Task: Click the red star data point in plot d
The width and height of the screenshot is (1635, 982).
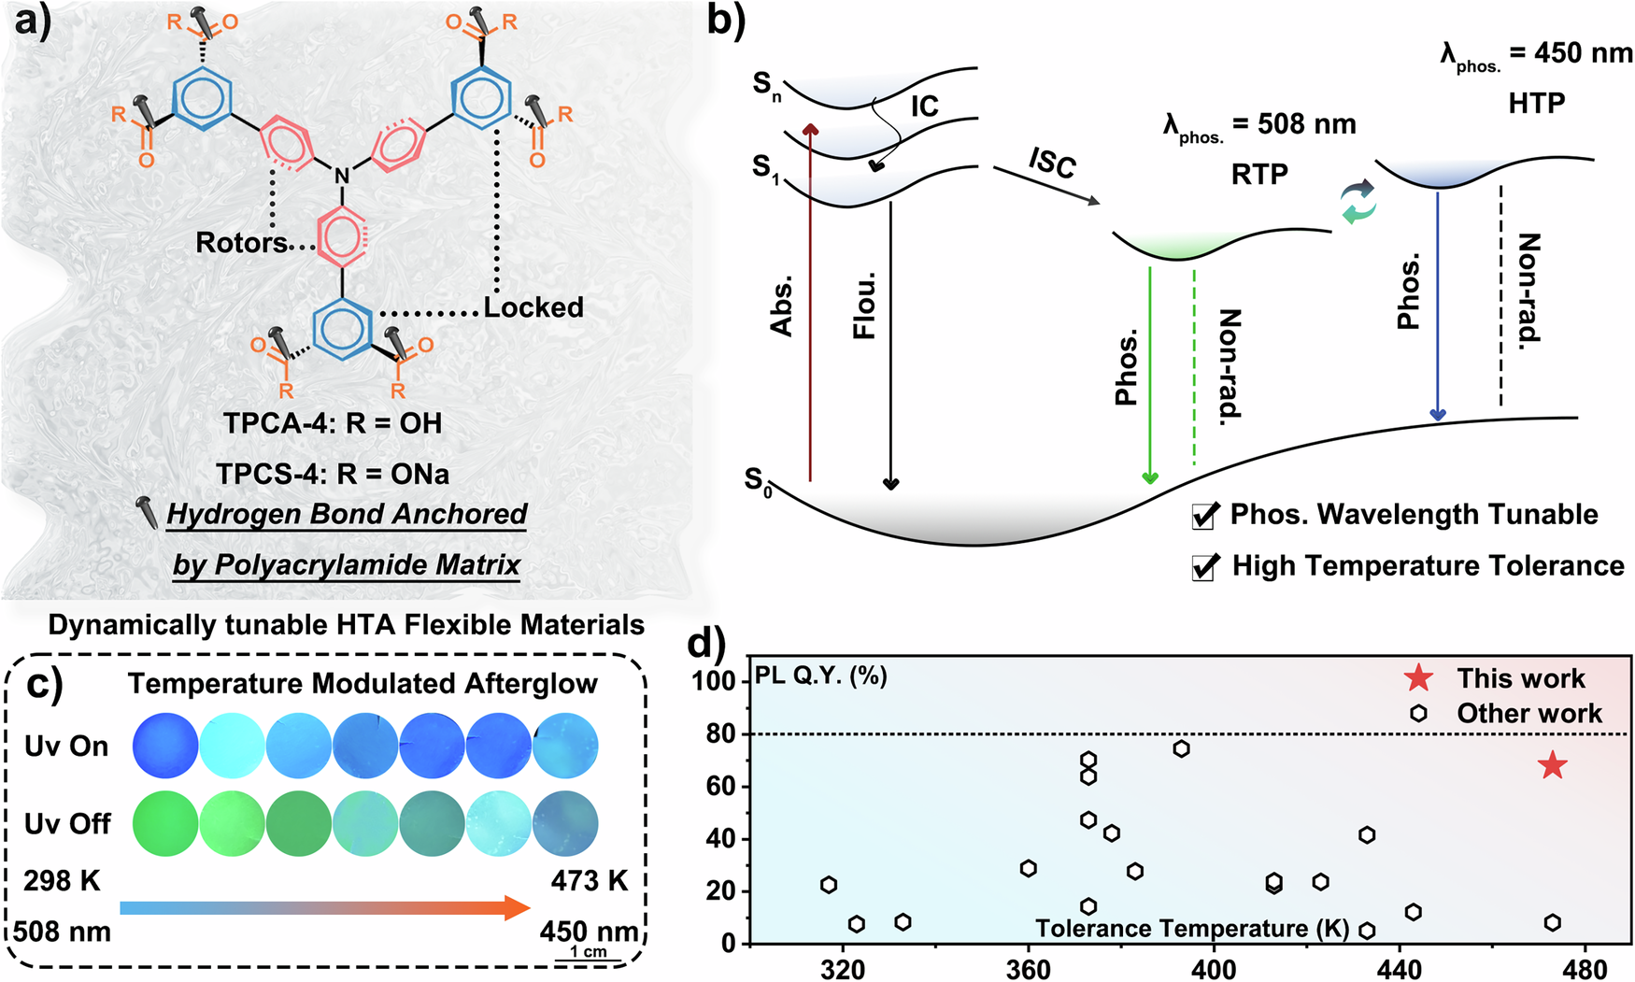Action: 1552,765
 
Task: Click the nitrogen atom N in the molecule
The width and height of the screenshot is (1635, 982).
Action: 342,176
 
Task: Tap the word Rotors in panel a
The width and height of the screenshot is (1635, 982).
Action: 241,243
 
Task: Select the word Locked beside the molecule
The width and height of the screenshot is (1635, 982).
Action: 533,307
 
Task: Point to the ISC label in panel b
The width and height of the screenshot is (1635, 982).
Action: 1053,163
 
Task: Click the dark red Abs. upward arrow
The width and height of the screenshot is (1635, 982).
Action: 810,299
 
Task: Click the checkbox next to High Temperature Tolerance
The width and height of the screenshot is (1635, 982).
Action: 1204,567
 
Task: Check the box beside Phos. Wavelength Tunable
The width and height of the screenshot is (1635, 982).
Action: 1204,516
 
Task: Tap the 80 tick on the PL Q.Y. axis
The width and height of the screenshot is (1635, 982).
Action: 720,734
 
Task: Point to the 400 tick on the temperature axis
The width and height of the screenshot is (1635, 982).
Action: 1213,970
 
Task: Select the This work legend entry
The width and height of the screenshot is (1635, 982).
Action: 1520,678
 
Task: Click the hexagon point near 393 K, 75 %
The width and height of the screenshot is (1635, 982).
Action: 1181,748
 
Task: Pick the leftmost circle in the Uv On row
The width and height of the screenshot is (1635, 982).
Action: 165,746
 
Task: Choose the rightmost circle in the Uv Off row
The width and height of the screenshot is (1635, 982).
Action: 565,824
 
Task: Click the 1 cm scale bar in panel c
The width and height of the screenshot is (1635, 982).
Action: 589,956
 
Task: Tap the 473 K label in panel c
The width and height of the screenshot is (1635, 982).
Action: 589,881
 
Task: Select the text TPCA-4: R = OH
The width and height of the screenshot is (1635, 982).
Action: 333,423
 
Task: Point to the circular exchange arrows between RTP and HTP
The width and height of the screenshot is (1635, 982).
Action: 1358,202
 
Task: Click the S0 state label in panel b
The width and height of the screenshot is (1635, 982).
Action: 758,481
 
